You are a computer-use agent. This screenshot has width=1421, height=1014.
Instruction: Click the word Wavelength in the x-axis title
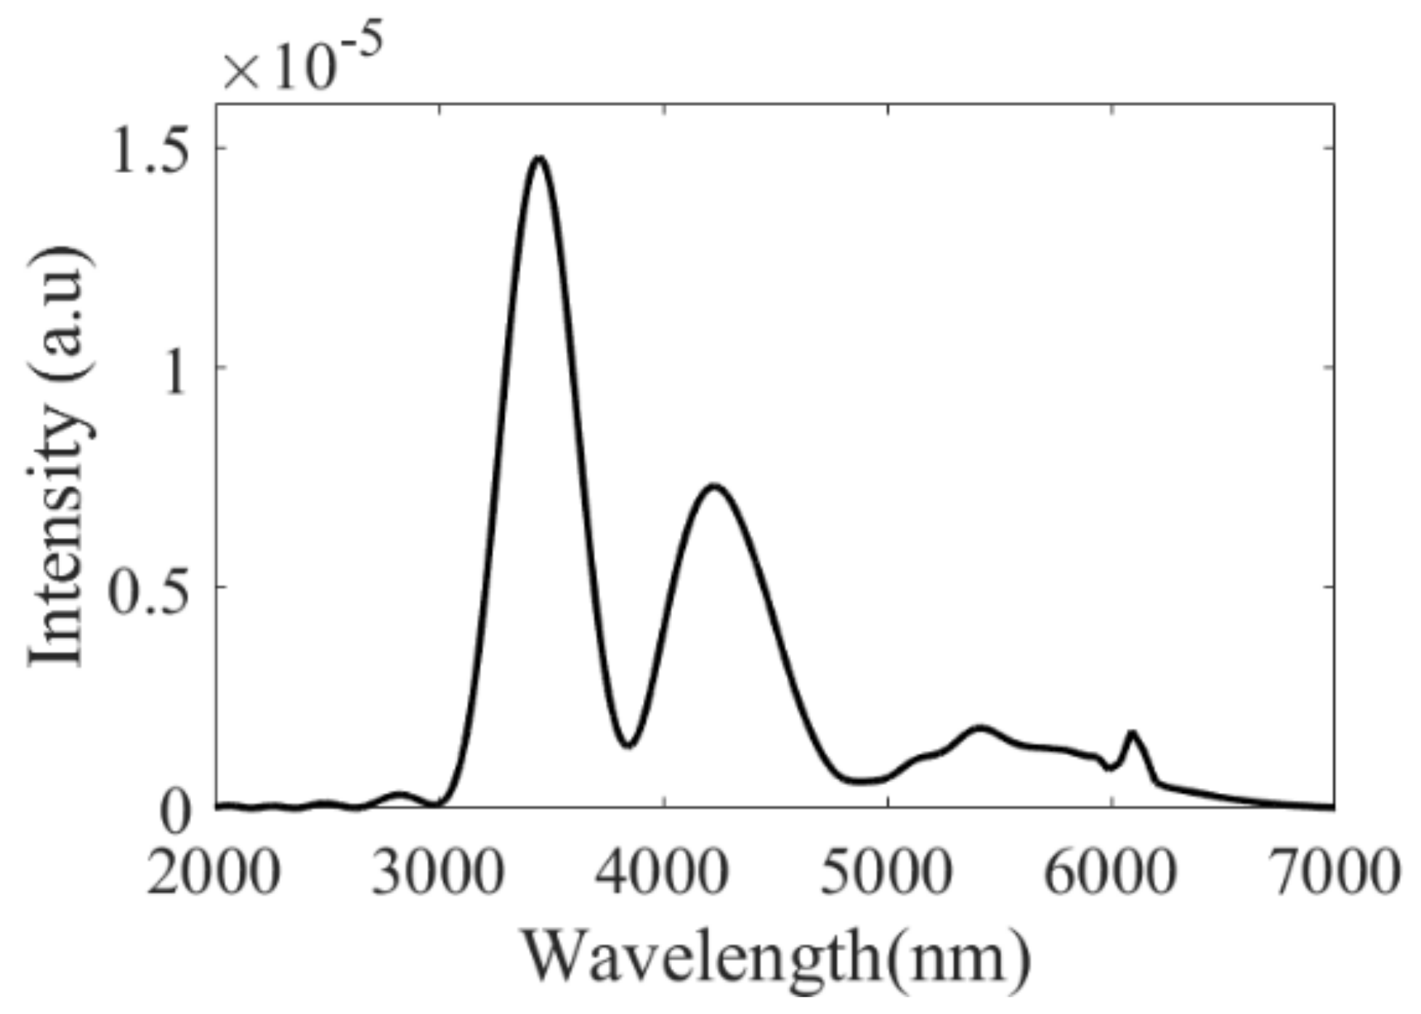pyautogui.click(x=701, y=959)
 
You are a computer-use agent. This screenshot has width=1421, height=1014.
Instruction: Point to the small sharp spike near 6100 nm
pyautogui.click(x=1131, y=733)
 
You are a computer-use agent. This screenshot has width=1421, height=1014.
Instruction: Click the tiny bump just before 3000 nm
pyautogui.click(x=399, y=794)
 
